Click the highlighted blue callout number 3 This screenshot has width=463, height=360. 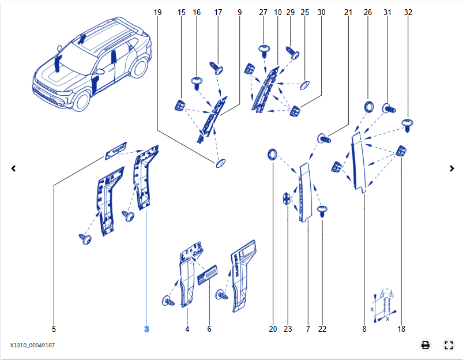point(146,329)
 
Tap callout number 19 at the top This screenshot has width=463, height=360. point(159,12)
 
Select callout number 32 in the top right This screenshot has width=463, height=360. point(408,12)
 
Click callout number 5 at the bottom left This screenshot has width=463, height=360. point(54,329)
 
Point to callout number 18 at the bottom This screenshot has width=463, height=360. point(401,329)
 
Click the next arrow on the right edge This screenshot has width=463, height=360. point(452,168)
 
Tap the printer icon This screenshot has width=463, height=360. point(426,345)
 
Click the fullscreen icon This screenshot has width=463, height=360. point(449,345)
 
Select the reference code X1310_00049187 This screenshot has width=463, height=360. point(32,345)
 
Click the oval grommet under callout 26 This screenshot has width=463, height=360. point(368,107)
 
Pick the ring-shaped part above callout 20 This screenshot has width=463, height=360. point(273,153)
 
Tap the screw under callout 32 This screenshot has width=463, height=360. point(408,123)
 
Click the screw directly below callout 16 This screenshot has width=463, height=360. point(197,82)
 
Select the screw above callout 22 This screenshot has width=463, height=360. point(322,210)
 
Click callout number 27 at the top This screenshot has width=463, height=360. point(264,12)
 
